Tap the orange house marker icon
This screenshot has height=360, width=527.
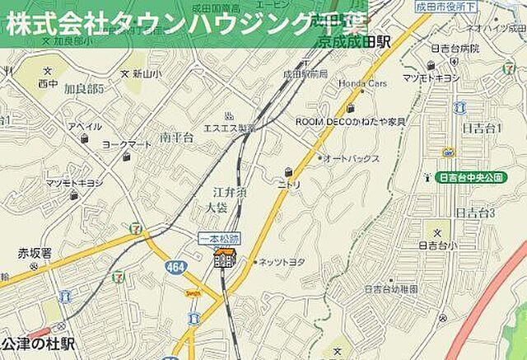pos(224,259)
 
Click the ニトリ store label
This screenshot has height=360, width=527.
pos(289,185)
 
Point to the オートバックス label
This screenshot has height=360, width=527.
pos(352,158)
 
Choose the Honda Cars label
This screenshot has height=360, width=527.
pos(363,84)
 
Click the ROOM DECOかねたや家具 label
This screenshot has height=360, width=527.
pos(350,121)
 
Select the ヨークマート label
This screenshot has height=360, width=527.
pos(126,145)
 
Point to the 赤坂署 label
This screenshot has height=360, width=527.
pos(35,253)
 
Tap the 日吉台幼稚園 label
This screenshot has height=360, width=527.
pos(390,289)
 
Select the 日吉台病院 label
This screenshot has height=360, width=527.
pos(454,49)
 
